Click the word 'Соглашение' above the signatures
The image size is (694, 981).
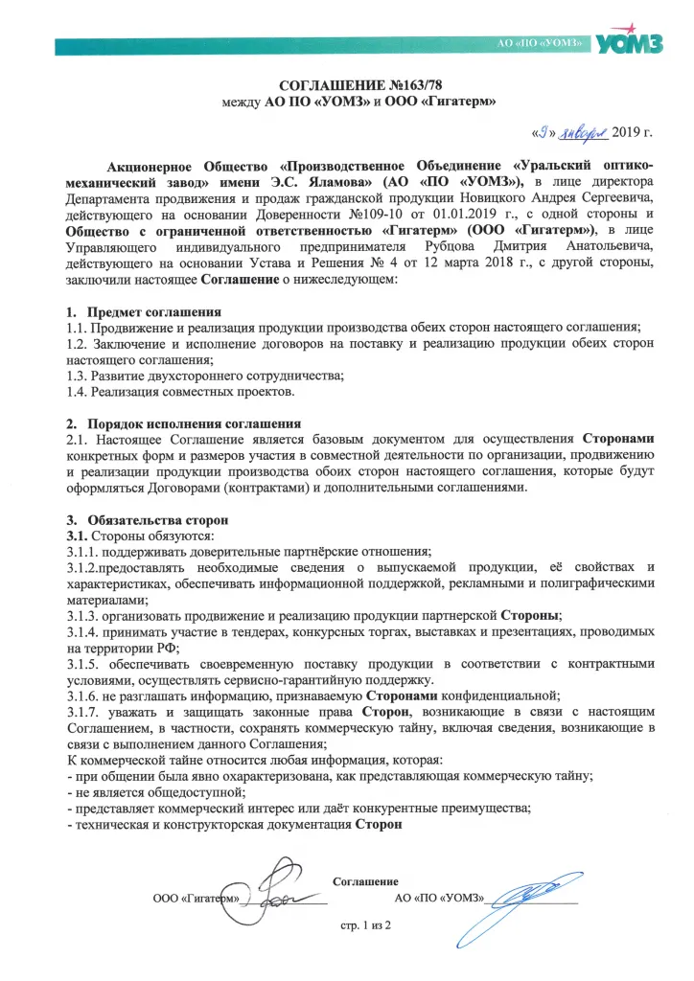coord(365,880)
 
